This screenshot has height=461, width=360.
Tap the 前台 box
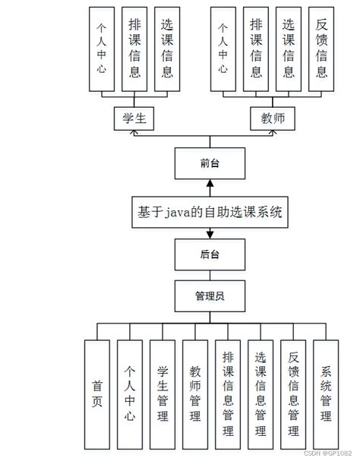click(x=210, y=163)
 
